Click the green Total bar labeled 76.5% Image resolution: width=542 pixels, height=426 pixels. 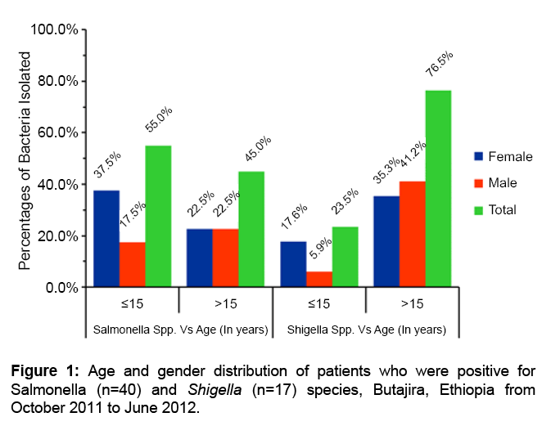tap(438, 189)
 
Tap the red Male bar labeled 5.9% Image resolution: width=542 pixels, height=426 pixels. tap(319, 279)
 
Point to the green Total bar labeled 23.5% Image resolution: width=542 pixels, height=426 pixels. tap(346, 257)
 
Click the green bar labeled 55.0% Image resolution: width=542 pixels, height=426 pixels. tap(159, 217)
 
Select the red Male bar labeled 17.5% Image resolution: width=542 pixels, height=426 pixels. tap(133, 264)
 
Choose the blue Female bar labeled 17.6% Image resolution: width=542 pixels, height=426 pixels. tap(293, 264)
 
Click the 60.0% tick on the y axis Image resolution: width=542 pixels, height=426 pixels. tap(56, 132)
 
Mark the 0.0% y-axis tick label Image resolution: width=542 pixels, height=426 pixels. tap(60, 288)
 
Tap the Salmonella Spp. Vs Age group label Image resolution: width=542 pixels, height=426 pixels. tap(180, 331)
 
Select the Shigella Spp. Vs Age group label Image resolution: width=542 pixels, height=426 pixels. tap(366, 331)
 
